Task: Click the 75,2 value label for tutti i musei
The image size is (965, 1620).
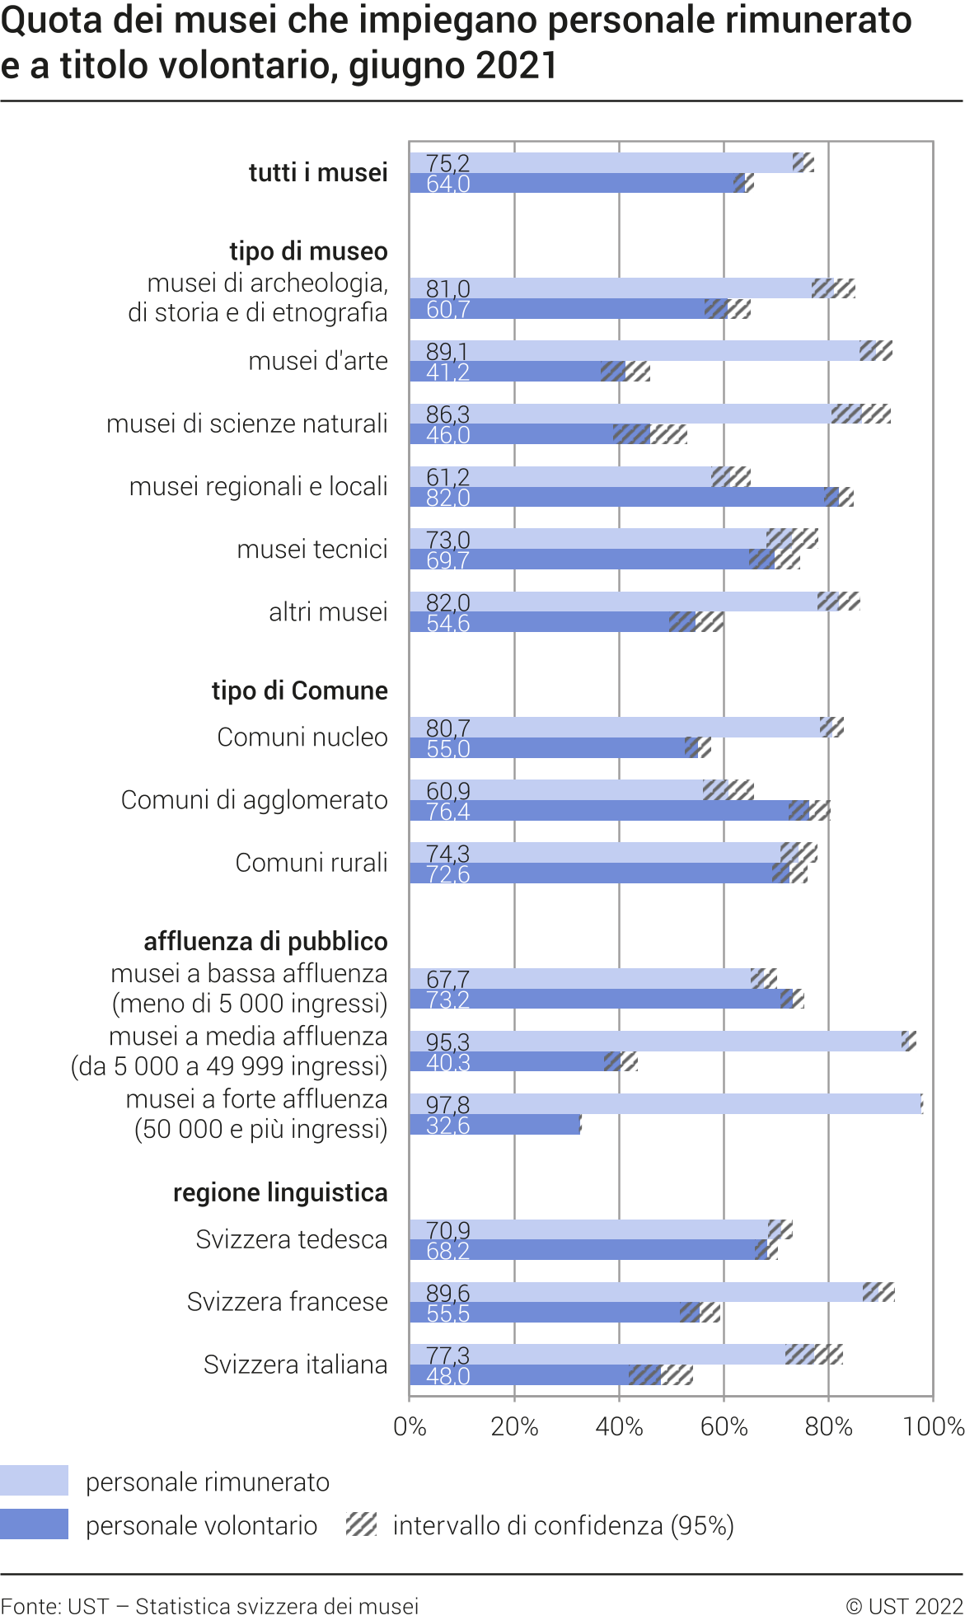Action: (447, 163)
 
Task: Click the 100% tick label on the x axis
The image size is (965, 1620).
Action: (933, 1426)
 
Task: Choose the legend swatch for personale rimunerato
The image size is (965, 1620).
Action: (34, 1481)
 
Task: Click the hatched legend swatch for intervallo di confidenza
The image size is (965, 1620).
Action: (361, 1524)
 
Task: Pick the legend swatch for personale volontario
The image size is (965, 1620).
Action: (34, 1524)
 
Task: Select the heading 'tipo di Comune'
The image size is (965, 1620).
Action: (299, 691)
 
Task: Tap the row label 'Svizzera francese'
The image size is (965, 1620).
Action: (287, 1302)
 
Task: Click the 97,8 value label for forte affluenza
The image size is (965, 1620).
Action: (447, 1104)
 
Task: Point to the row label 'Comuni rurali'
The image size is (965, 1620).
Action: (311, 863)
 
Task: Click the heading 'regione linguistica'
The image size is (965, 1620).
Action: (280, 1192)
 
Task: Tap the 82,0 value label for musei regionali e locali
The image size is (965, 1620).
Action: (447, 498)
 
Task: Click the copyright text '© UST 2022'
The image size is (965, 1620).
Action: (904, 1606)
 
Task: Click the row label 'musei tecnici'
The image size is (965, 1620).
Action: (312, 549)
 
